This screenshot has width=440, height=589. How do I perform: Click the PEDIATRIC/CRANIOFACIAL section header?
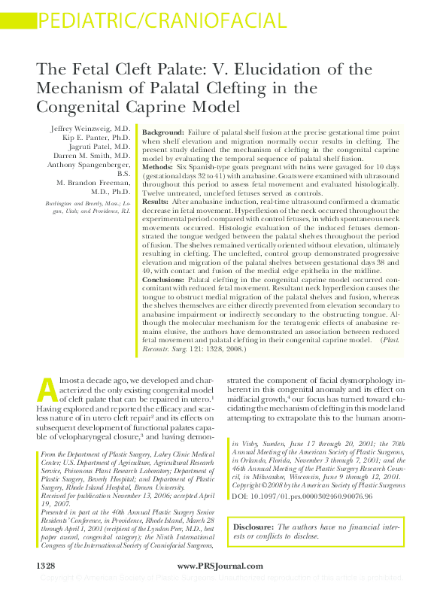click(x=144, y=19)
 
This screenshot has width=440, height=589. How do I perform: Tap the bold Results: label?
click(x=156, y=202)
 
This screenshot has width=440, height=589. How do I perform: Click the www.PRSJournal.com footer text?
click(x=220, y=565)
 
